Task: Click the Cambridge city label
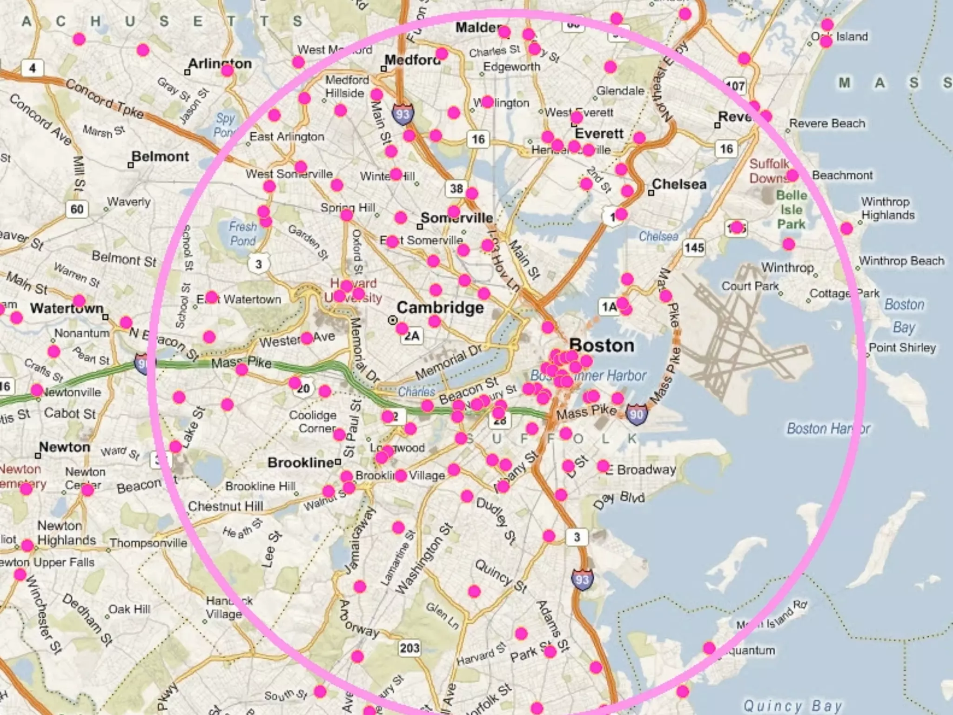point(440,308)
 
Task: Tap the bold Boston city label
point(601,345)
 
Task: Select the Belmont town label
point(160,156)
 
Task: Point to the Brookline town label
point(301,463)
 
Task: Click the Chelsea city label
point(679,184)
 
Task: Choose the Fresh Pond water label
point(242,234)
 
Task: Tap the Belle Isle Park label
point(791,209)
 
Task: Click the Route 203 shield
point(409,648)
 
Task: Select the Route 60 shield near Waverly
point(77,209)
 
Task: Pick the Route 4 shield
point(32,68)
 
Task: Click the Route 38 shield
point(456,189)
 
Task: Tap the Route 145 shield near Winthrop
point(694,248)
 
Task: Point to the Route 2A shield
point(412,336)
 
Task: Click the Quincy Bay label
point(792,705)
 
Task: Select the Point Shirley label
point(902,348)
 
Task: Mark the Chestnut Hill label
point(225,506)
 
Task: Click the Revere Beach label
point(827,123)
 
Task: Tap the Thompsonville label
point(148,543)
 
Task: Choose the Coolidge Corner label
point(313,421)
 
